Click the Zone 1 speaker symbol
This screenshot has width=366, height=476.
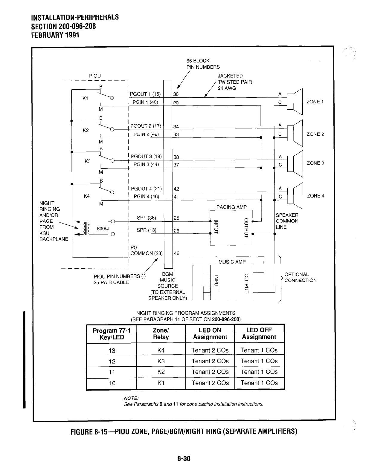pos(295,102)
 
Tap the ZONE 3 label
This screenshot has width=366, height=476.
pos(315,163)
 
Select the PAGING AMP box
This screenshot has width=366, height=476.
pos(231,227)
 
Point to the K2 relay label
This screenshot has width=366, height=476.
pos(86,131)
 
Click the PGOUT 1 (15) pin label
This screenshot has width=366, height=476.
pos(145,94)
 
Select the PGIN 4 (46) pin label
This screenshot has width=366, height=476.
pos(146,196)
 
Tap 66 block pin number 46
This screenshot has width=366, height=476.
pos(176,253)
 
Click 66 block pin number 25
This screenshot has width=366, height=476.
pos(176,218)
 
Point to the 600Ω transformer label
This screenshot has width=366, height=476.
pos(103,229)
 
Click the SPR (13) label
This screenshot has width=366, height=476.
pos(146,230)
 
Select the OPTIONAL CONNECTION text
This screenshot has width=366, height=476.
pos(300,277)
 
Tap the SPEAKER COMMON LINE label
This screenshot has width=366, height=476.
pos(287,221)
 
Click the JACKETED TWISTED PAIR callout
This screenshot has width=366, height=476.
pos(234,82)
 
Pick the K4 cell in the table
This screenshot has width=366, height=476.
pos(161,350)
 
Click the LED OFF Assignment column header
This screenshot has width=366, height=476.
pos(259,333)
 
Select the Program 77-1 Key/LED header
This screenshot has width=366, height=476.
pos(112,334)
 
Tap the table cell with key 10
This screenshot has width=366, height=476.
pos(112,383)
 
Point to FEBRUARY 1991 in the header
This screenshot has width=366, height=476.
pos(55,35)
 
